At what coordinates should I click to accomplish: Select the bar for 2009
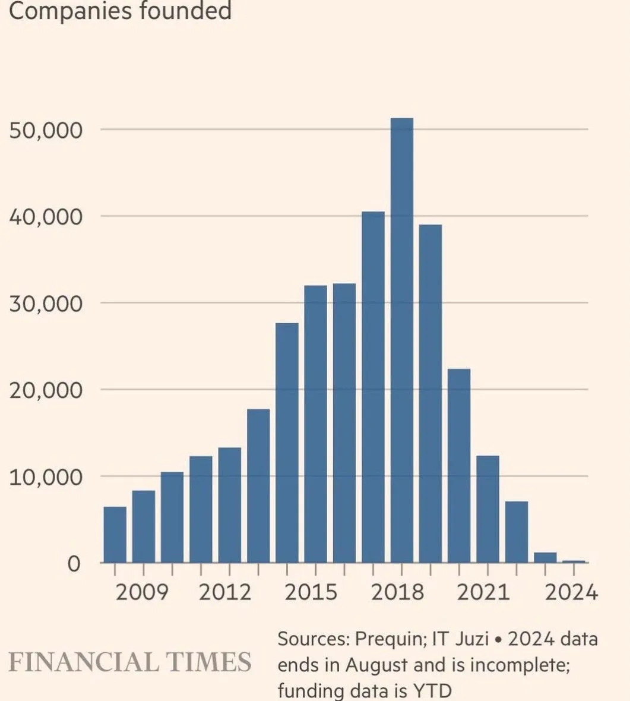pyautogui.click(x=143, y=526)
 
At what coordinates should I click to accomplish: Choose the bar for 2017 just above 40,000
pyautogui.click(x=373, y=387)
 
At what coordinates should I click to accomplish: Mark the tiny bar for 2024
pyautogui.click(x=574, y=561)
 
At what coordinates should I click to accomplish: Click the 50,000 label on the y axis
pyautogui.click(x=45, y=130)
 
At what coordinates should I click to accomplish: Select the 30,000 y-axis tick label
pyautogui.click(x=45, y=304)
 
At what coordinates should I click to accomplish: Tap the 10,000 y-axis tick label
pyautogui.click(x=45, y=477)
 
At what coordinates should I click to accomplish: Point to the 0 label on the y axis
pyautogui.click(x=74, y=564)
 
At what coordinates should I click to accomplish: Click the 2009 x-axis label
pyautogui.click(x=143, y=592)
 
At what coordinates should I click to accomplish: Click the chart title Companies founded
pyautogui.click(x=120, y=11)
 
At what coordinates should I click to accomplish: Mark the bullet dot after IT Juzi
pyautogui.click(x=499, y=640)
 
